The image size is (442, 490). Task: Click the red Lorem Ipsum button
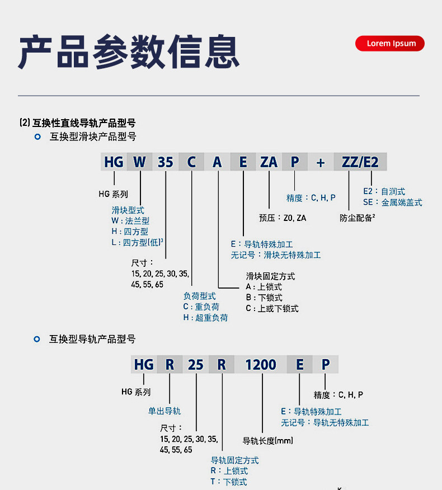390,44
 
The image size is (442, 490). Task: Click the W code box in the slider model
139,162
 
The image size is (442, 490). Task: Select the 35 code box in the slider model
166,162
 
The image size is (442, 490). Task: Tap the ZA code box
269,162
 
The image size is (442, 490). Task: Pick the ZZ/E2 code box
360,162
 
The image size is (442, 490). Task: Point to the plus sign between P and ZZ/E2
321,162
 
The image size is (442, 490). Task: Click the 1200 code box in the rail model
261,365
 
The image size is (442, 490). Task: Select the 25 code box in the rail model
196,365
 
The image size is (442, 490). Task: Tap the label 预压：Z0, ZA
283,218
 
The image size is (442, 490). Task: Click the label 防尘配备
357,218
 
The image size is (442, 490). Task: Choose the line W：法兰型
130,221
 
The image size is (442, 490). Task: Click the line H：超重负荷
205,318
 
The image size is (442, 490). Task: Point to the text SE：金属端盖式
392,202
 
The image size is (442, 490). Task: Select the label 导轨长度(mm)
267,441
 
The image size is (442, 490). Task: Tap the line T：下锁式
229,482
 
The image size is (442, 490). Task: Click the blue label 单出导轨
164,411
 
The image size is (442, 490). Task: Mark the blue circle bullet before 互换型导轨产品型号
37,339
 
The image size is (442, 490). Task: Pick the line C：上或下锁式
272,308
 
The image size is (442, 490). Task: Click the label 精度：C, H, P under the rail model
338,395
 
